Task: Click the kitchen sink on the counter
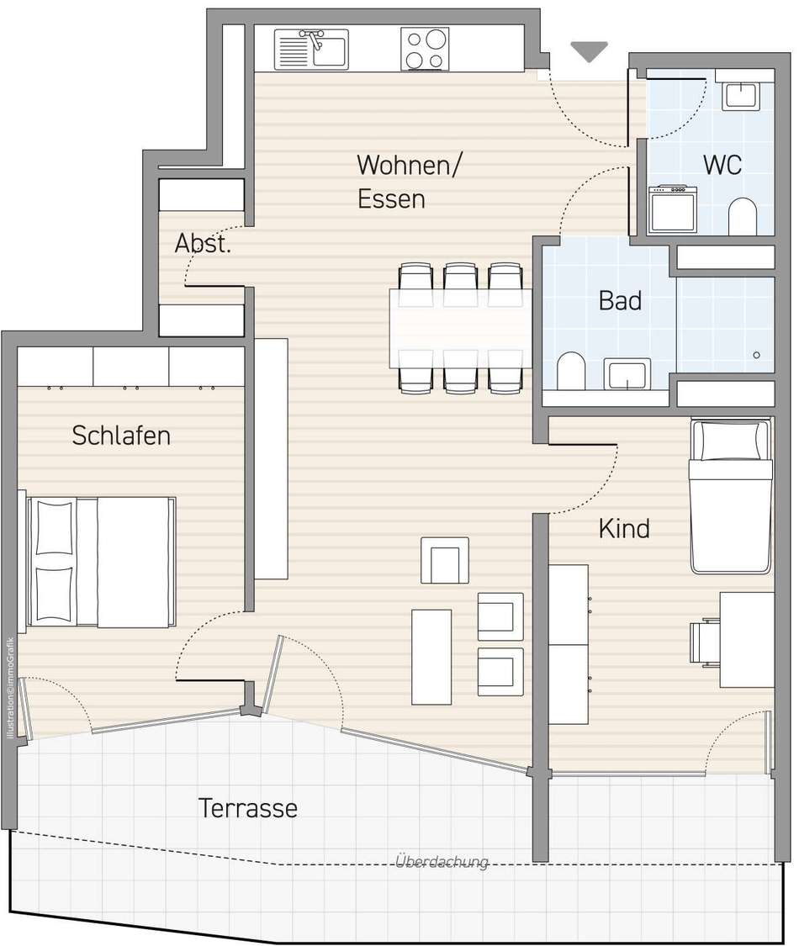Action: click(311, 49)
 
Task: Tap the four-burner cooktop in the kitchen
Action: click(425, 49)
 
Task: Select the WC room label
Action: click(722, 165)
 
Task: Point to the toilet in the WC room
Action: click(743, 217)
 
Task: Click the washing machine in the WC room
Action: click(673, 209)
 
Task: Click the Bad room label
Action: click(620, 300)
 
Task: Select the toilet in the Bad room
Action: click(571, 371)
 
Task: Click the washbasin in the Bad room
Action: click(627, 374)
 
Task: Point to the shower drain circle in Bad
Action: click(756, 356)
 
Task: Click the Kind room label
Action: click(624, 529)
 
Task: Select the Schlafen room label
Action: click(121, 436)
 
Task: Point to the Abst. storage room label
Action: click(203, 244)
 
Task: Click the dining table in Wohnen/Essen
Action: click(460, 328)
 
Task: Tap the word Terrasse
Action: click(248, 808)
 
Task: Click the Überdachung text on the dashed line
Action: click(442, 862)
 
